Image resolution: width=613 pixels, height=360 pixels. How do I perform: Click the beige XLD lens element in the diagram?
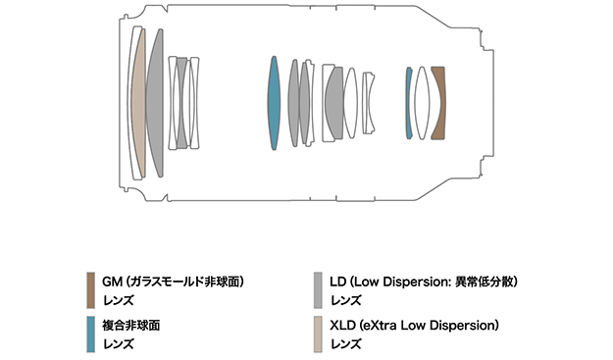tap(138, 104)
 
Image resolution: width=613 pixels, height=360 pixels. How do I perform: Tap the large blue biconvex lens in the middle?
tap(274, 103)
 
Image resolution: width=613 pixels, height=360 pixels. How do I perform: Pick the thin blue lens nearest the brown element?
tap(409, 103)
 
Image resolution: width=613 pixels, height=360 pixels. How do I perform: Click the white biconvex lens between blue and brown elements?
tap(422, 103)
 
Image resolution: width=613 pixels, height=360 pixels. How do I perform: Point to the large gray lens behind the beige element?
tap(156, 103)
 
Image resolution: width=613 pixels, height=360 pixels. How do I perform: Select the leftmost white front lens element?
tap(132, 103)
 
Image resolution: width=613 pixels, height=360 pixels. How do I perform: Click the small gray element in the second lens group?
tap(181, 103)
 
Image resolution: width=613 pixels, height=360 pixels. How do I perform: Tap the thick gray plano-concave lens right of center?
tap(334, 103)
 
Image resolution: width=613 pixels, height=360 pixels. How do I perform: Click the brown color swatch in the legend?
tap(90, 290)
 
